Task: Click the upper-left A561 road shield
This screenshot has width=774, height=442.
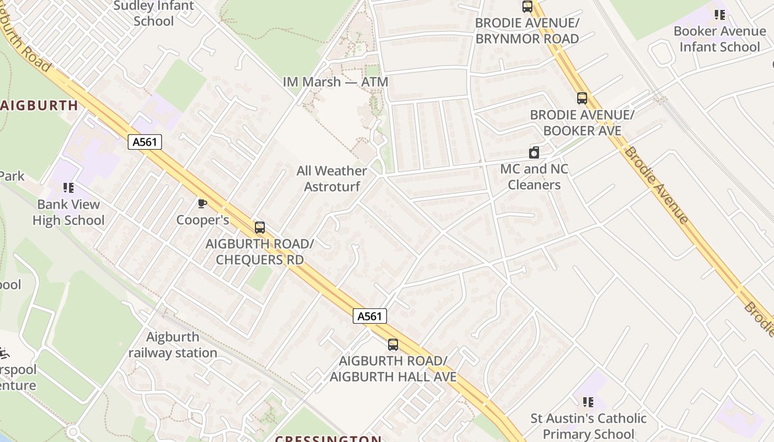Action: [145, 142]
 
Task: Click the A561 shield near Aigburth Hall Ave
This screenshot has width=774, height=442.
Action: [369, 316]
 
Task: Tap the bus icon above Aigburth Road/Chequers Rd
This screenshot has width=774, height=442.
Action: [260, 227]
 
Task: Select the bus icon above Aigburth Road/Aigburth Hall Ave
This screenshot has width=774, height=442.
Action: [393, 344]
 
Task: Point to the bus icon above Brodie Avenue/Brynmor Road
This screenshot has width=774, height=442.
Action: [527, 7]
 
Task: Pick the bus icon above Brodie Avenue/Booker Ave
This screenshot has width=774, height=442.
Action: [582, 98]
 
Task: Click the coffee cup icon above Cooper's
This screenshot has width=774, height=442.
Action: [202, 203]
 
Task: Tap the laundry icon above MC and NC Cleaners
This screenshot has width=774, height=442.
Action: [534, 152]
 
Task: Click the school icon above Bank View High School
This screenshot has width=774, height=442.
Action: [69, 188]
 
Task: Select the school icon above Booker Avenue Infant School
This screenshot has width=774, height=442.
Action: [719, 15]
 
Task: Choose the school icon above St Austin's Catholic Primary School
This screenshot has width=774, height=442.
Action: [588, 402]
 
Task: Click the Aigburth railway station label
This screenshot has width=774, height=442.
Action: [172, 345]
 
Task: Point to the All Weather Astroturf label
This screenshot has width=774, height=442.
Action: [332, 178]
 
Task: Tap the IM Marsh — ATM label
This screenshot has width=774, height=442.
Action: [335, 82]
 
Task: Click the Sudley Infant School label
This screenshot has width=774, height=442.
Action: [154, 13]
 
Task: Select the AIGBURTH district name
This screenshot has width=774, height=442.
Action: [39, 106]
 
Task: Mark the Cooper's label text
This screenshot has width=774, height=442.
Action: [202, 220]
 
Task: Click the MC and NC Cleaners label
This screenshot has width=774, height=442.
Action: [534, 177]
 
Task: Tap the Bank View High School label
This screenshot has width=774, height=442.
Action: [69, 212]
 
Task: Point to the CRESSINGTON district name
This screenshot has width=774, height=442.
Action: [328, 439]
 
